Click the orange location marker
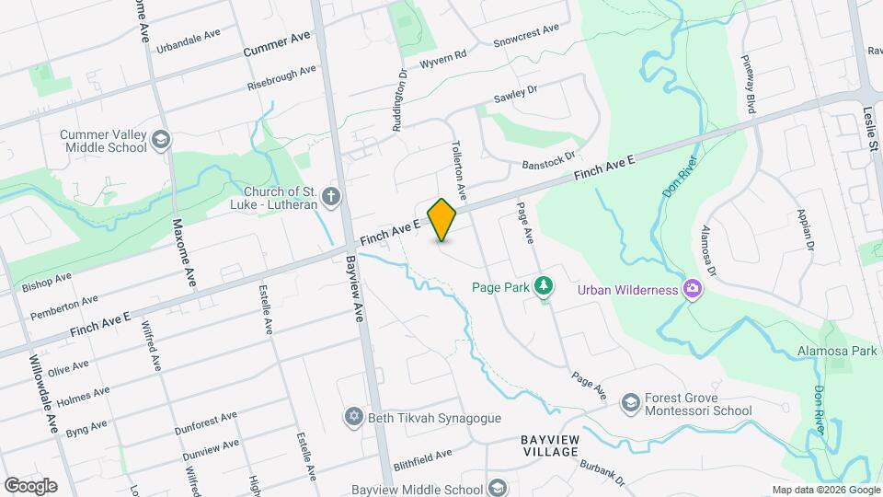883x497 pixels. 442,219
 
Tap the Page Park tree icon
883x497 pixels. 545,286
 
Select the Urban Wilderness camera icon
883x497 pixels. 692,290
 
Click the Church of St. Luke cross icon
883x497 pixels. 330,196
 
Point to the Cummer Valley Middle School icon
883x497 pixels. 161,140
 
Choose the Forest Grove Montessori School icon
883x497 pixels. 630,402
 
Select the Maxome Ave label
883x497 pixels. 184,253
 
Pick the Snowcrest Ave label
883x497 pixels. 526,35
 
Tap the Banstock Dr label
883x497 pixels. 548,160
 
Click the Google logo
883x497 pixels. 30,485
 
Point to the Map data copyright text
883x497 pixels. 824,490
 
